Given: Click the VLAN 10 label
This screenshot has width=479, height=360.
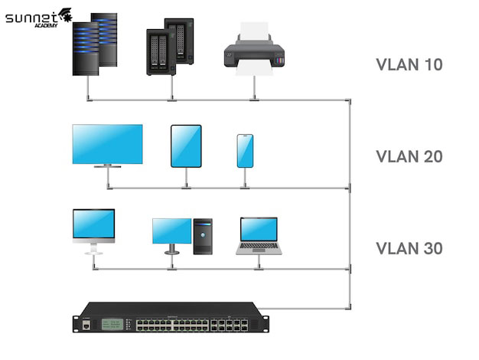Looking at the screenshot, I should click(x=409, y=64).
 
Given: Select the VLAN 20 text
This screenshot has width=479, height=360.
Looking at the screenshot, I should click(x=409, y=157).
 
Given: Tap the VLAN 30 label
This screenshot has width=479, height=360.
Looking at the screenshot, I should click(x=409, y=249).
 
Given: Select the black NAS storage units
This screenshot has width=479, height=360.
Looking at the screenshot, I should click(x=170, y=47).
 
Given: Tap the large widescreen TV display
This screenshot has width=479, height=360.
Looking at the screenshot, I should click(x=107, y=144).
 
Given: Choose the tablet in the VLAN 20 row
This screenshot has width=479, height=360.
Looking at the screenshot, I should click(x=186, y=146).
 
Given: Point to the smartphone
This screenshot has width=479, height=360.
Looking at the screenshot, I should click(x=245, y=151).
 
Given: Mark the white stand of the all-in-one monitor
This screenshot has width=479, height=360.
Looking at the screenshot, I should click(x=93, y=248).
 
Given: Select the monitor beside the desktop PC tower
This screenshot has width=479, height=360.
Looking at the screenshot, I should click(x=171, y=231).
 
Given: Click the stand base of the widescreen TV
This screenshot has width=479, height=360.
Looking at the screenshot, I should click(x=107, y=165).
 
